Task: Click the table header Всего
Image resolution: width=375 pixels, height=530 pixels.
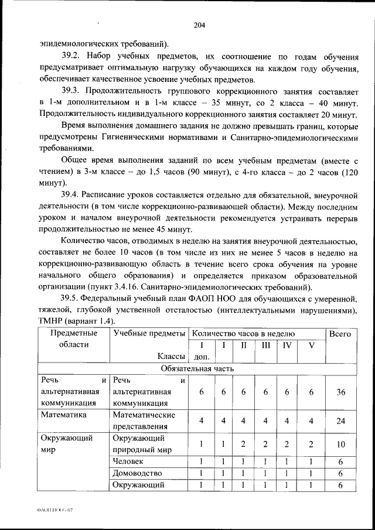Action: coord(340,334)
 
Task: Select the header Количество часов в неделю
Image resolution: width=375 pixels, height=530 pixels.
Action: coord(244,333)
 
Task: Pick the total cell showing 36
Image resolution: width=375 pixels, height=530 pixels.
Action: coord(340,392)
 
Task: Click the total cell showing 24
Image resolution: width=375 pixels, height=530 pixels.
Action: coord(340,420)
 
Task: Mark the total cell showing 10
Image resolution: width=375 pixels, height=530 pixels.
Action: coord(340,444)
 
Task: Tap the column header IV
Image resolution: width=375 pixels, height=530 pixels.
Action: coord(287,345)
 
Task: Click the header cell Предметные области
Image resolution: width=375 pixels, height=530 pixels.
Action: coord(74,338)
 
